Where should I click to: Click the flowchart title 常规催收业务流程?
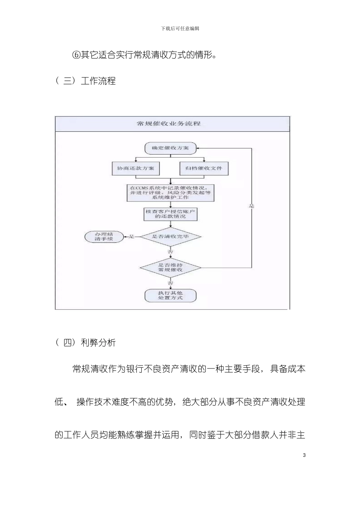click(x=169, y=124)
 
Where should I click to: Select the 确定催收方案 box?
click(x=171, y=148)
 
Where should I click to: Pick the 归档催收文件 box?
click(x=204, y=168)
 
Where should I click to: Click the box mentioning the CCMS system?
click(x=171, y=192)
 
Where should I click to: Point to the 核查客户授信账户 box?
click(x=171, y=214)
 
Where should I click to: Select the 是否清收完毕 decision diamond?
click(x=171, y=237)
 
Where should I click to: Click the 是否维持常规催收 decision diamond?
click(x=171, y=267)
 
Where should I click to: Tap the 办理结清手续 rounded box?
click(x=104, y=237)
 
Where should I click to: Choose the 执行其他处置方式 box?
click(x=171, y=295)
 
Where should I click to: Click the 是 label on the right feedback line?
click(x=252, y=206)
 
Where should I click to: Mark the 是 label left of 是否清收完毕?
click(x=132, y=237)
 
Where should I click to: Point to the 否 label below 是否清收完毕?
click(x=171, y=251)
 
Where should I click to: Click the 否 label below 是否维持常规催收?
click(x=171, y=283)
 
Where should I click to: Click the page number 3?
click(x=304, y=455)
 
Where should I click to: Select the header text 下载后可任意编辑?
click(x=180, y=28)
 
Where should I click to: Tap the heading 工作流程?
click(x=98, y=81)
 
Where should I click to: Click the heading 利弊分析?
click(x=98, y=343)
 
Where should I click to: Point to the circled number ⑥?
click(x=76, y=55)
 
